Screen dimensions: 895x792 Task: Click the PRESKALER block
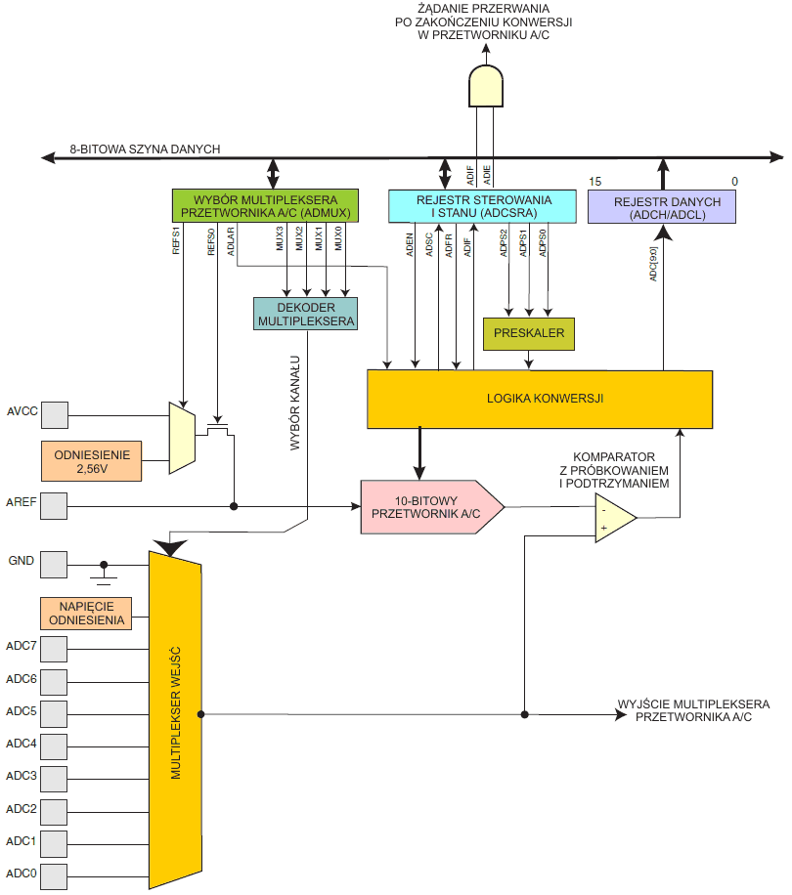[530, 334]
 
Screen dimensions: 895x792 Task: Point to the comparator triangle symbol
[614, 518]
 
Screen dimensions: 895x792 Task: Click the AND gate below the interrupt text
[486, 87]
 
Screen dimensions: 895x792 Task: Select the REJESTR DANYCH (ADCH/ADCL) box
[661, 207]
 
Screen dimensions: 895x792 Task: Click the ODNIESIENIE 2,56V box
[92, 460]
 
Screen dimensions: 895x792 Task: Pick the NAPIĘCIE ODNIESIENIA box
[86, 613]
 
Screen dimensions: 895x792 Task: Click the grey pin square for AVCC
[54, 414]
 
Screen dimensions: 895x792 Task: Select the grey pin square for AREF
[54, 506]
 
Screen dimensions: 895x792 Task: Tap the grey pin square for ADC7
[54, 648]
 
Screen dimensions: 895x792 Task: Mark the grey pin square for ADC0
[54, 873]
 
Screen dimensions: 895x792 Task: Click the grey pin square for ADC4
[54, 745]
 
